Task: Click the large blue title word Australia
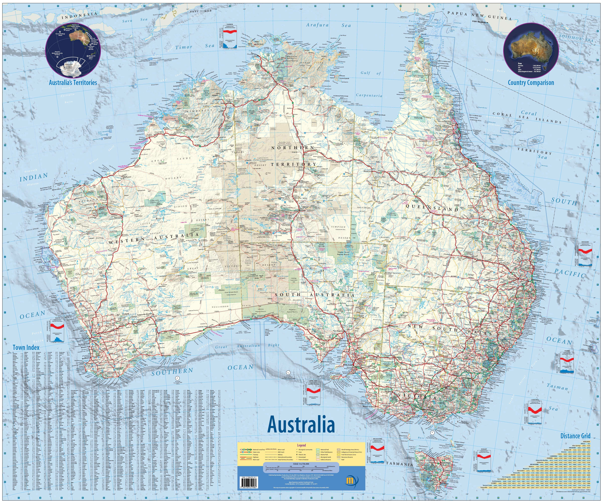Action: pos(301,425)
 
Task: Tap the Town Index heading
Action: pos(26,347)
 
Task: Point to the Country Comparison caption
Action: pos(531,83)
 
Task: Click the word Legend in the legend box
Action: pos(301,445)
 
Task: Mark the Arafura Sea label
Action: pos(328,25)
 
